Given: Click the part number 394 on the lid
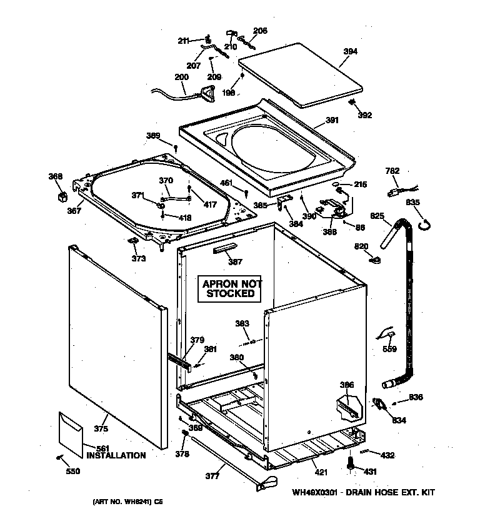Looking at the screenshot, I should click(351, 52).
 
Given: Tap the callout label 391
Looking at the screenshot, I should click(331, 121).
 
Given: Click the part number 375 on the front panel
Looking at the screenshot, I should click(101, 428).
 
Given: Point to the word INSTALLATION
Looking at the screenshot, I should click(116, 455).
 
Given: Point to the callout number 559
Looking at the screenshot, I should click(389, 349).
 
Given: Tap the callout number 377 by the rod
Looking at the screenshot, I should click(212, 476).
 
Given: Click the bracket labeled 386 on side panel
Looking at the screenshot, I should click(347, 405).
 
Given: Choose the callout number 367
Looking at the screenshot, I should click(74, 211).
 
